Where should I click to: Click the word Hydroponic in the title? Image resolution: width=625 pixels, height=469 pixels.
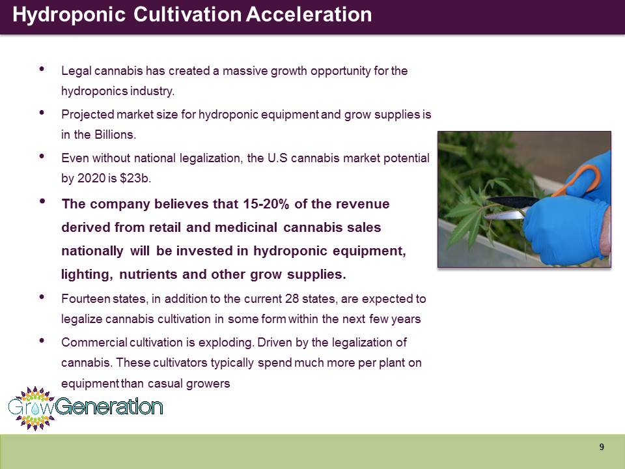pos(69,15)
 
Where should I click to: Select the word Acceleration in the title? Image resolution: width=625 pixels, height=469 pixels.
pos(309,14)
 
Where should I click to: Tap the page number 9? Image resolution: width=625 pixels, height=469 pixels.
pos(602,447)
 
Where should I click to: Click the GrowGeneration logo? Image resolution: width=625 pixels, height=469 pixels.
pos(85,408)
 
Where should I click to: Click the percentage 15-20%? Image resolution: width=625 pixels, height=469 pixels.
pos(266,204)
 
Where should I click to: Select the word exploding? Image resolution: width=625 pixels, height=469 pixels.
pos(226,343)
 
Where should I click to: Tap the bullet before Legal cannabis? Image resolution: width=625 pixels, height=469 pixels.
pos(42,68)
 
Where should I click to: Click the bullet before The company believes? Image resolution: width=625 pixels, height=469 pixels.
pos(42,201)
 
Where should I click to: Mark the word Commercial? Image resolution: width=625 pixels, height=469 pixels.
pos(94,343)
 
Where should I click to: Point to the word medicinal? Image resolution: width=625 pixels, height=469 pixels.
pos(246,227)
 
